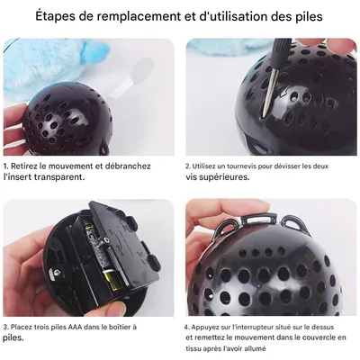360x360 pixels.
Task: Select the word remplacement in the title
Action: click(x=149, y=16)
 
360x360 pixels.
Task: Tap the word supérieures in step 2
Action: click(x=228, y=177)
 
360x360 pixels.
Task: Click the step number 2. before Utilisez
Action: click(x=188, y=166)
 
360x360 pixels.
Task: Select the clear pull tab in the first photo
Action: click(x=144, y=72)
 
